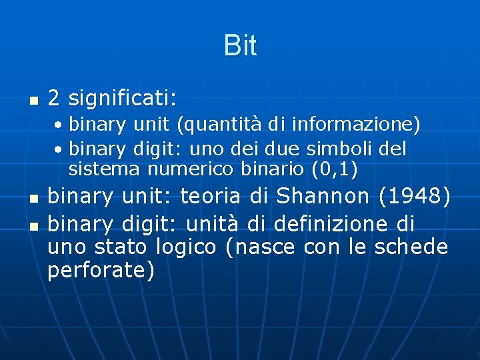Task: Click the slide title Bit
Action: (240, 46)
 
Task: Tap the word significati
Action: (122, 99)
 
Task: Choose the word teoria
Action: (211, 197)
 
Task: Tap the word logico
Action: (186, 247)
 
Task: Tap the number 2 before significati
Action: (55, 99)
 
